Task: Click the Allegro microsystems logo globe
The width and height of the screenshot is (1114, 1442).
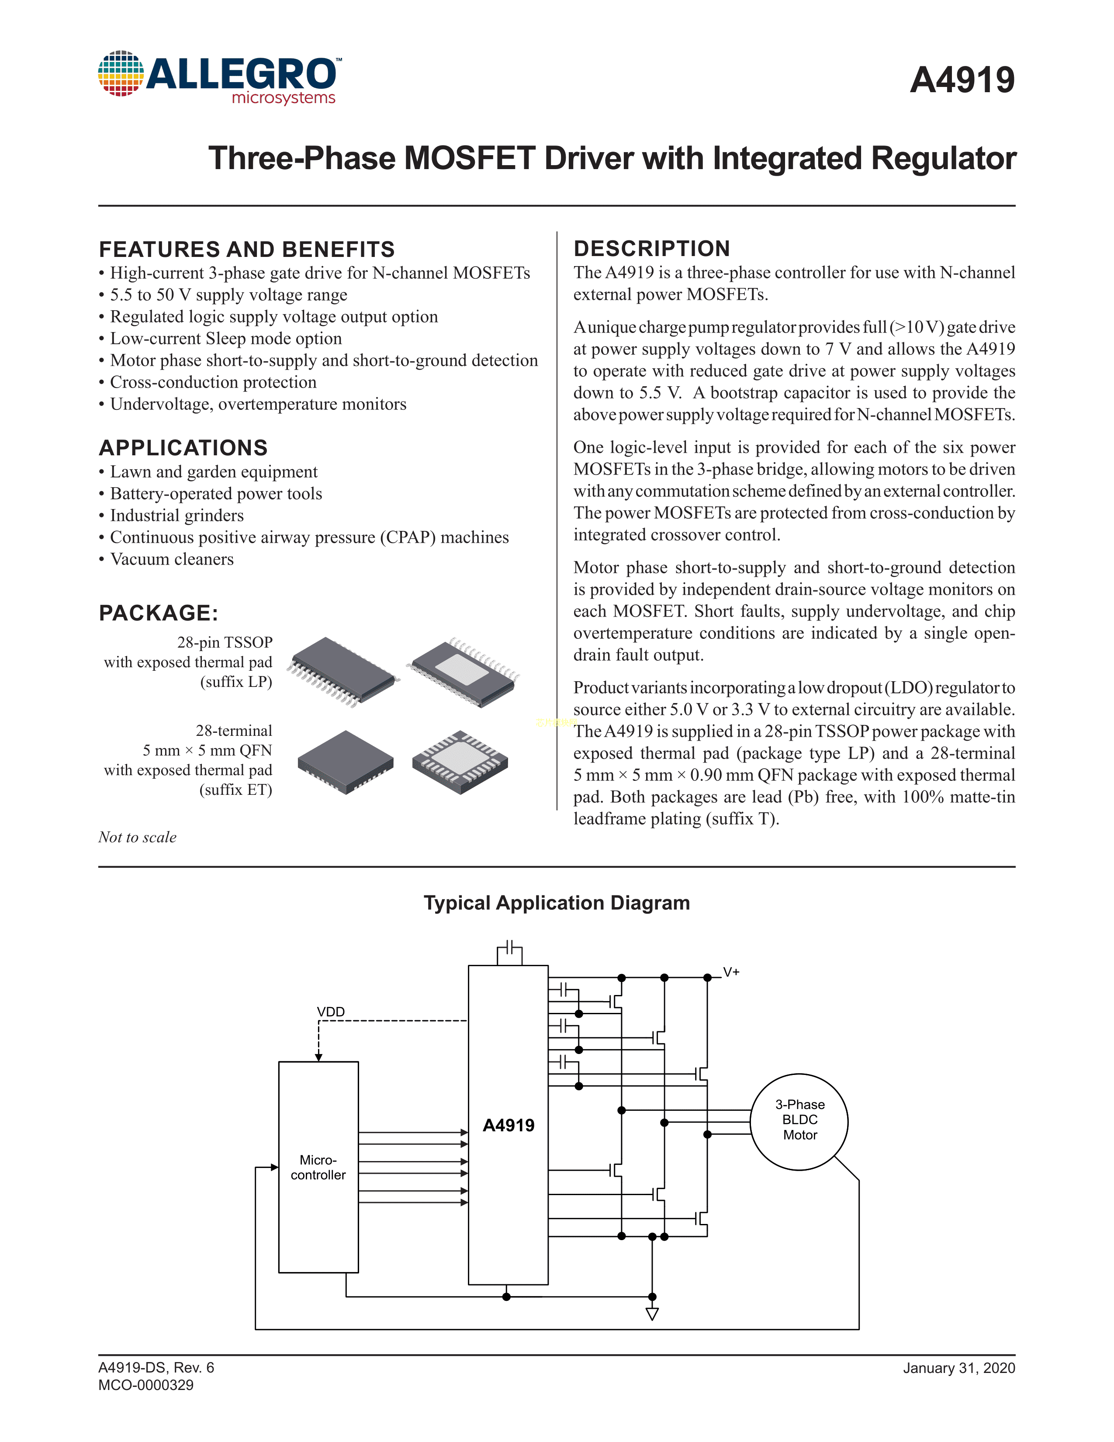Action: pos(121,73)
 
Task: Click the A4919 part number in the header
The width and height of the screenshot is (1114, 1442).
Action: pos(962,80)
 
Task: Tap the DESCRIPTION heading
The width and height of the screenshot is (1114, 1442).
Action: pos(651,249)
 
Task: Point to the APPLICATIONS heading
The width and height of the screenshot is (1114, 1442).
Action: pos(183,447)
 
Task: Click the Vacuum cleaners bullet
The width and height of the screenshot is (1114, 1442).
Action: pos(172,559)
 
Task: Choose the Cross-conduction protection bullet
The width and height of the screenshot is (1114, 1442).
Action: pos(212,382)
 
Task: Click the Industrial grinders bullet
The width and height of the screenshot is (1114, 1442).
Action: pos(176,516)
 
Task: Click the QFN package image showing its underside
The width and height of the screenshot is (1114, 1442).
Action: pos(460,762)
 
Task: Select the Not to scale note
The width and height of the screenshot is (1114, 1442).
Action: pos(137,837)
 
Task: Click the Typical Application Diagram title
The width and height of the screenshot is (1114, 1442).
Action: pos(556,903)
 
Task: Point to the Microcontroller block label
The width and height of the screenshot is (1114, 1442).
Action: pos(318,1167)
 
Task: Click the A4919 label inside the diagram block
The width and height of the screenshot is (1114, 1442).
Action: pos(508,1125)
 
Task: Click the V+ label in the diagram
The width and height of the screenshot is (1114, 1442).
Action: pos(731,972)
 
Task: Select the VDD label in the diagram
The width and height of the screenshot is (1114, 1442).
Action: pos(331,1012)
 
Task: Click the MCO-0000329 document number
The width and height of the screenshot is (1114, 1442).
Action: pos(146,1385)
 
